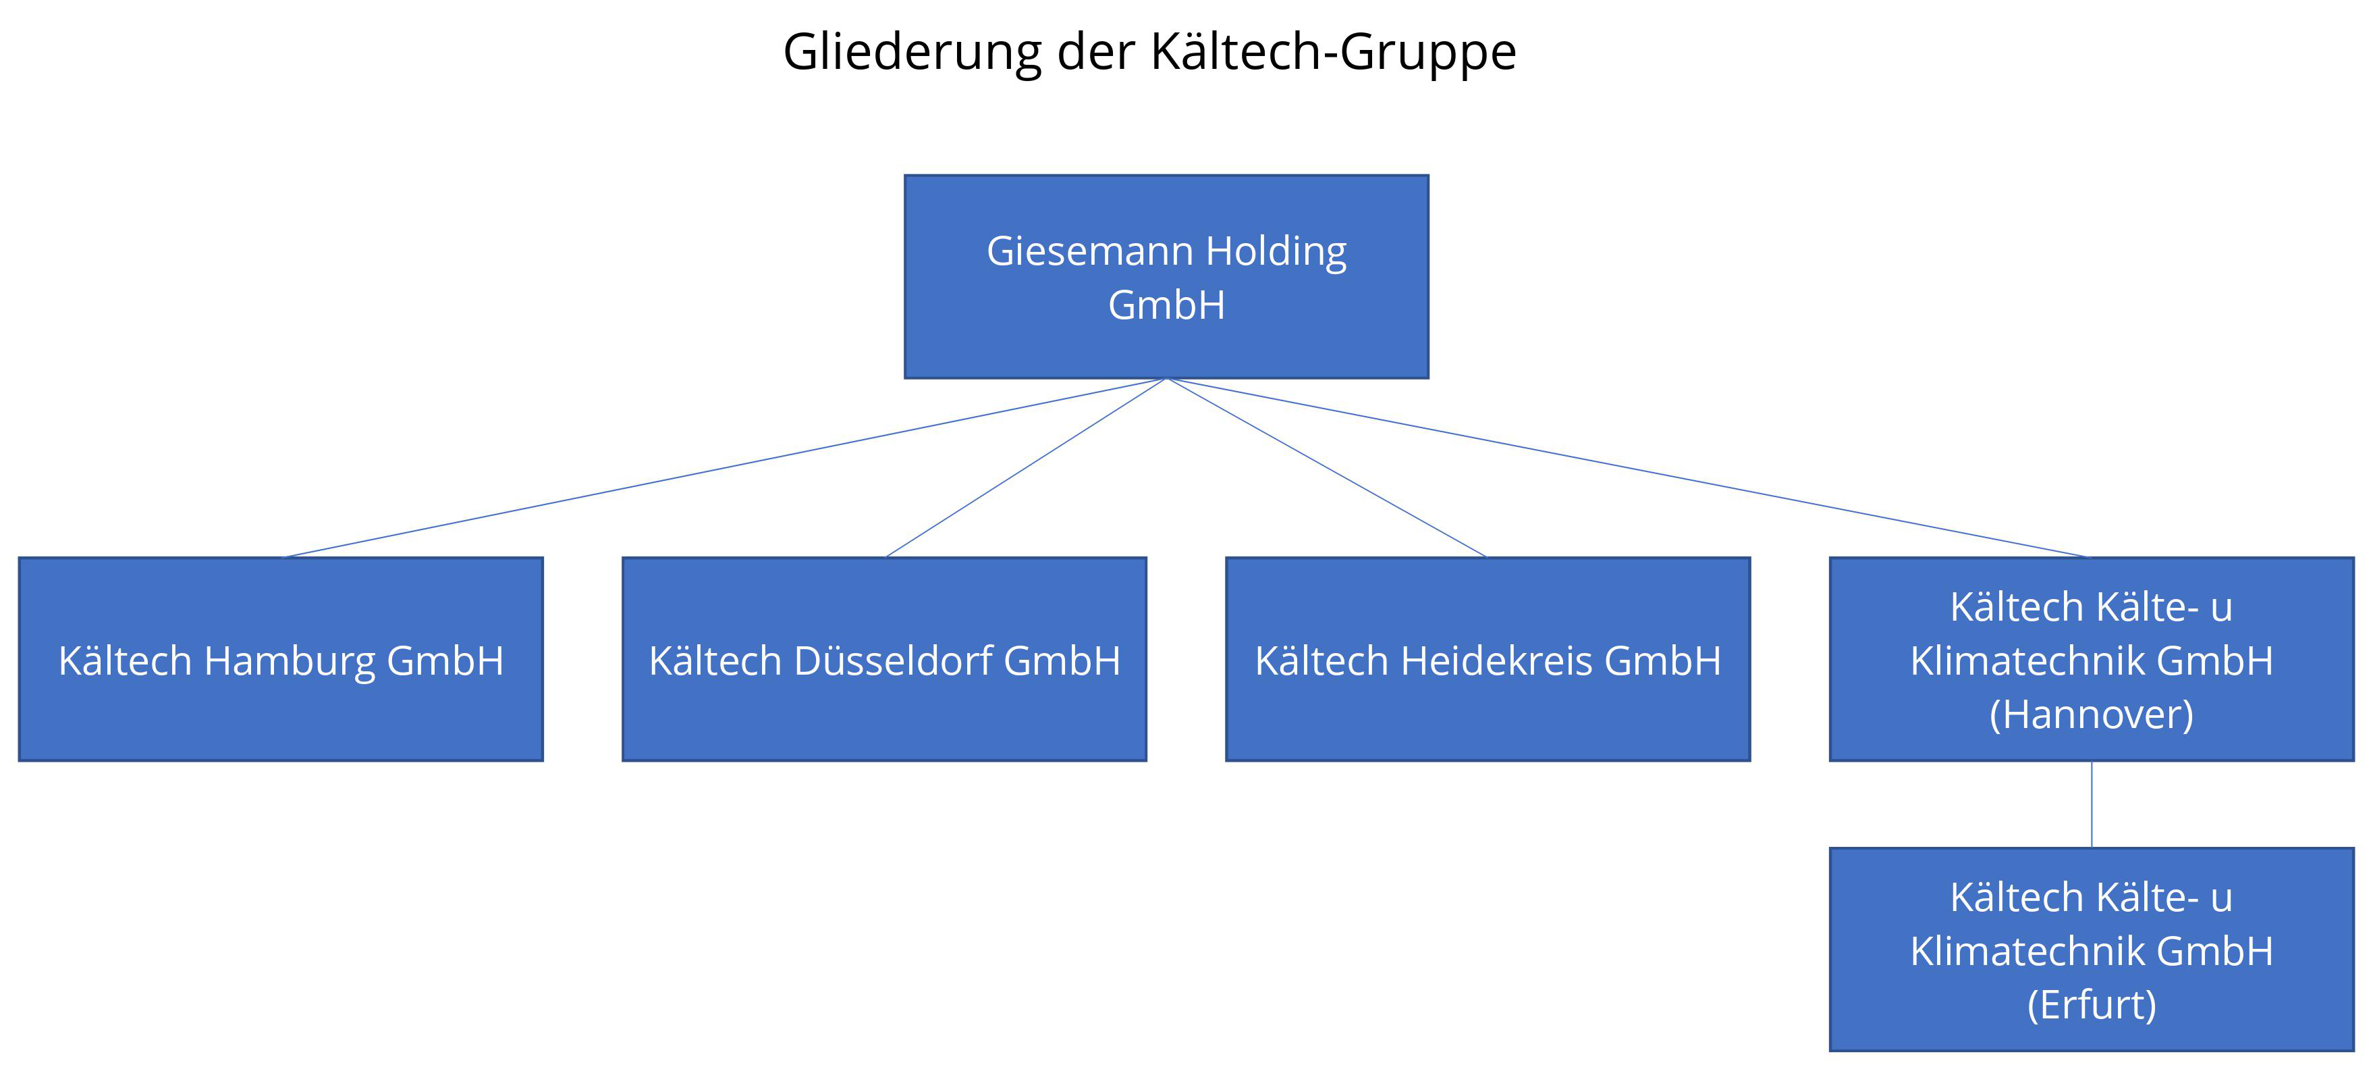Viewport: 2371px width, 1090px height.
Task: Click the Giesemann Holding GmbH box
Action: click(1166, 276)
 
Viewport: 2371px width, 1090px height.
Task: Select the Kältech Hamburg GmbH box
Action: click(281, 659)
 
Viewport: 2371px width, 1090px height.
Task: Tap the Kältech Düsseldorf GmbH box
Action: click(885, 659)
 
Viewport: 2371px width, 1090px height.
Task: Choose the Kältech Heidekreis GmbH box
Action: click(1488, 659)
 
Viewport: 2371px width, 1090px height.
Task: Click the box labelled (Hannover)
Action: click(2091, 659)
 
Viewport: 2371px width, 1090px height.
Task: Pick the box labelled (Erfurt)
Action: click(2091, 949)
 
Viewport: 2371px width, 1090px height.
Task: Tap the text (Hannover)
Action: click(2091, 715)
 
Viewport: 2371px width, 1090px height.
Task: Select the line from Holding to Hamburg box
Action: click(724, 467)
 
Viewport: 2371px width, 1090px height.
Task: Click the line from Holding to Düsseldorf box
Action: click(1025, 467)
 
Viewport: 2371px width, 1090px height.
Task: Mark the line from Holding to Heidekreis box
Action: click(1326, 467)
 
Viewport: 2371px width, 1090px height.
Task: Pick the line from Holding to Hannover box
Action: click(1628, 467)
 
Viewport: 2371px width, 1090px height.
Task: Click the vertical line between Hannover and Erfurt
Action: click(2091, 804)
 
